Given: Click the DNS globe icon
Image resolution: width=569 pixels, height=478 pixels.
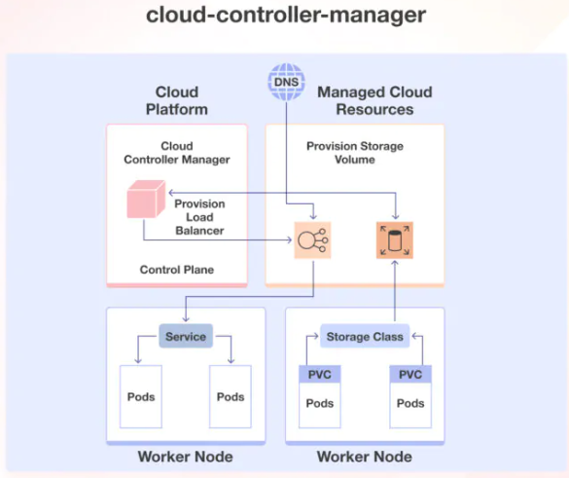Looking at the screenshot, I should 286,82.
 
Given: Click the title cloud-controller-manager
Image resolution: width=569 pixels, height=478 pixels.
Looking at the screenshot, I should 285,16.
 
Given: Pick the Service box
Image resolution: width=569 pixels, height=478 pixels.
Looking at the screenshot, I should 185,337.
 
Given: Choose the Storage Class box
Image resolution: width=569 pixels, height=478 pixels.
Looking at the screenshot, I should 364,337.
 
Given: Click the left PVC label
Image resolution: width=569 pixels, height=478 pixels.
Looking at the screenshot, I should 319,374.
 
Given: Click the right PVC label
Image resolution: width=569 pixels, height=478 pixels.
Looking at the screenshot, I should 410,374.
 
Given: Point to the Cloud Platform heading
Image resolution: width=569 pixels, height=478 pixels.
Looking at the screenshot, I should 177,100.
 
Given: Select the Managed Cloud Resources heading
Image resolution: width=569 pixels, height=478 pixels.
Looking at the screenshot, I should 374,100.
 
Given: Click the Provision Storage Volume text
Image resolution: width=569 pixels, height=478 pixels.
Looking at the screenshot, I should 355,153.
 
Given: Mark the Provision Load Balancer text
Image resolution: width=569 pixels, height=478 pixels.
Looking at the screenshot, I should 199,217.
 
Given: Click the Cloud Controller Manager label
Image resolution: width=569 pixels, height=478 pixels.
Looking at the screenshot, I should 177,153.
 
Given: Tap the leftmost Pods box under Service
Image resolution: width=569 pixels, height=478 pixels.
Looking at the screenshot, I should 141,396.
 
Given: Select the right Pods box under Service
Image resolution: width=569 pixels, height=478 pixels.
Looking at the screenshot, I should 231,396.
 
